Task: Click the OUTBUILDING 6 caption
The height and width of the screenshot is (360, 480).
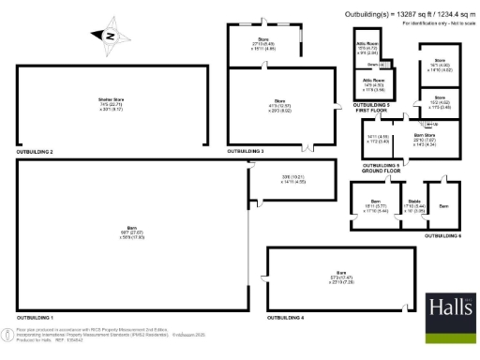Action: point(442,236)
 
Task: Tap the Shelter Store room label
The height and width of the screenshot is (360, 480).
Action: point(112,101)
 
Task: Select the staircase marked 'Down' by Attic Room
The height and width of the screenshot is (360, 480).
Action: point(373,65)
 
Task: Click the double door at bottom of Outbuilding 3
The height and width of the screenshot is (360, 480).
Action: point(305,145)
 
